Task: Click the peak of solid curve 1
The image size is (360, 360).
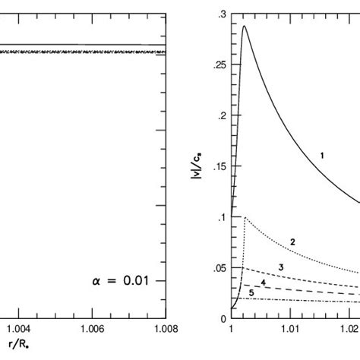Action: [x=244, y=27]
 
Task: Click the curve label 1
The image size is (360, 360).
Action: [x=322, y=155]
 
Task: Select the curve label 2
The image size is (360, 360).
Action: [x=292, y=242]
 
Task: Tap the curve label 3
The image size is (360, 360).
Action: [x=281, y=267]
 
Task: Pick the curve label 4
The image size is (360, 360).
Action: [x=264, y=283]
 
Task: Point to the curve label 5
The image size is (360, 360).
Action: [x=251, y=293]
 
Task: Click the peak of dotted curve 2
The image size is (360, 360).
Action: [x=244, y=218]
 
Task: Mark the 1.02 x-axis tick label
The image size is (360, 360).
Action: [x=349, y=331]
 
